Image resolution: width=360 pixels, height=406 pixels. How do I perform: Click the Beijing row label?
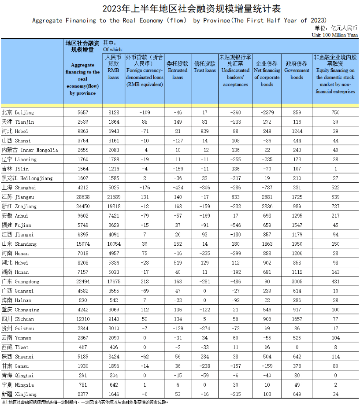tap(18, 113)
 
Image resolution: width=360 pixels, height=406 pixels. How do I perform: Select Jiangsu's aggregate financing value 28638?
tap(83, 197)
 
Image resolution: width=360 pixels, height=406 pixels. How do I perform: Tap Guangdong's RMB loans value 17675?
tap(113, 281)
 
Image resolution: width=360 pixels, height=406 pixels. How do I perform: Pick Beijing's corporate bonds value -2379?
tap(267, 113)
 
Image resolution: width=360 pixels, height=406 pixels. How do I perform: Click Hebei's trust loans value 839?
tap(205, 131)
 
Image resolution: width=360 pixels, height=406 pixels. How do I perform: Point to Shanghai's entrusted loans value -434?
tap(177, 188)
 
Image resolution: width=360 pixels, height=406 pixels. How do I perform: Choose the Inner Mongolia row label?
tap(30, 150)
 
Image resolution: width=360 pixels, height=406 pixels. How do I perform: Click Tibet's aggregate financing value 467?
tap(83, 347)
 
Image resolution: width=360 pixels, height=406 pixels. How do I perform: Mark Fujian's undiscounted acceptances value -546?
tap(235, 225)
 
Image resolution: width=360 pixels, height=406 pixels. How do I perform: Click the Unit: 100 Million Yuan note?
tap(334, 35)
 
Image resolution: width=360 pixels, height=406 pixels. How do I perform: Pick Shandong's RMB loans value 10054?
tap(113, 244)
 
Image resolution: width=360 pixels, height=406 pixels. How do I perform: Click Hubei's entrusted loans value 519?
tap(177, 263)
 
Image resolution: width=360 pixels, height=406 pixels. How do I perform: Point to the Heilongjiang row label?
tap(27, 178)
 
